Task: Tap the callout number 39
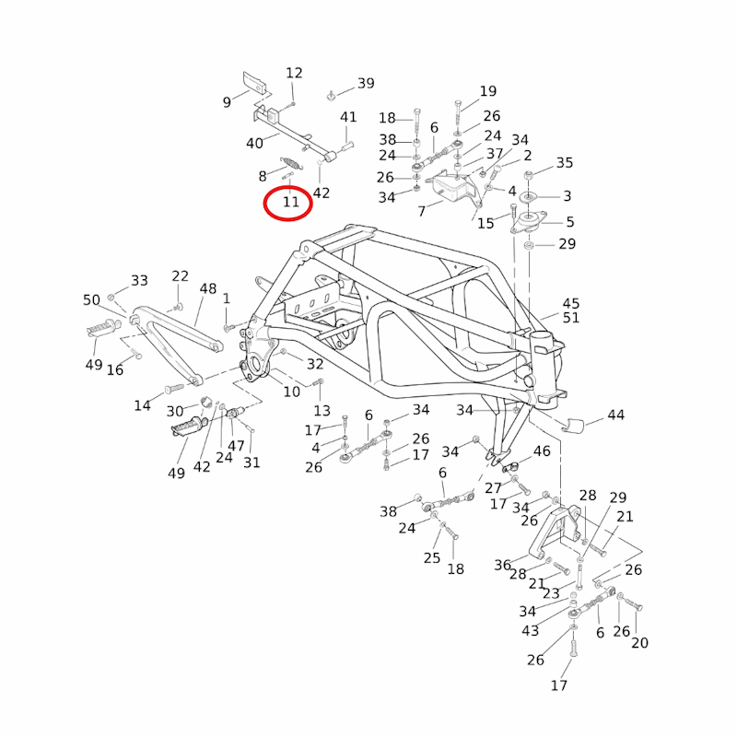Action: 366,84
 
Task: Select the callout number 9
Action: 228,102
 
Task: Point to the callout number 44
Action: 615,415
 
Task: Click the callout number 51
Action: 571,318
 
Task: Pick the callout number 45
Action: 571,303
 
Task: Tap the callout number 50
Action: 91,300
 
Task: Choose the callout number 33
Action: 139,280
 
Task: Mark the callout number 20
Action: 639,643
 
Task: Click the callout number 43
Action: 530,630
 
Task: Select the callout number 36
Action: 502,565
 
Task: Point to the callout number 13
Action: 322,410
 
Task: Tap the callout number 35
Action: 564,163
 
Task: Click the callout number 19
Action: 487,91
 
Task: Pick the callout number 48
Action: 207,288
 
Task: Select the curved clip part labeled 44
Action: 573,425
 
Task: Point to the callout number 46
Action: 542,451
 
